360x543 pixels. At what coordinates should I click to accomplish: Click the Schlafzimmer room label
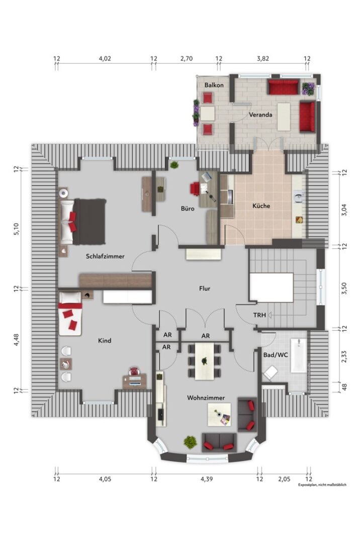105,256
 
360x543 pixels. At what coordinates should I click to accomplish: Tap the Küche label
261,206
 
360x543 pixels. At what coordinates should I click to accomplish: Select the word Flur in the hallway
205,288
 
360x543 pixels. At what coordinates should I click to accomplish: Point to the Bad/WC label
276,355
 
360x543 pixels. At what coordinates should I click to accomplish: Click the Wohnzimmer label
206,398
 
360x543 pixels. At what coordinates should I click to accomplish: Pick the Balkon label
214,85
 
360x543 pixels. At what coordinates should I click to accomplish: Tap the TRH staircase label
259,315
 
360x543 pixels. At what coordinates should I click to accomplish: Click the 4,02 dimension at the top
105,58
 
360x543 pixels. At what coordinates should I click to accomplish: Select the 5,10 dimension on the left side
16,229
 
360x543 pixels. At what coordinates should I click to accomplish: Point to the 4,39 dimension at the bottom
207,479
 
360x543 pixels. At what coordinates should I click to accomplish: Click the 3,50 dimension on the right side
344,289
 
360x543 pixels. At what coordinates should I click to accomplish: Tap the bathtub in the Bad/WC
298,355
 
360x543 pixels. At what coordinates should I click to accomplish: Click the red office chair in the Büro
195,189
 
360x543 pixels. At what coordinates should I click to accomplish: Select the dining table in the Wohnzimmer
205,361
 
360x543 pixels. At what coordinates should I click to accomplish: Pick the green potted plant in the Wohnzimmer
190,442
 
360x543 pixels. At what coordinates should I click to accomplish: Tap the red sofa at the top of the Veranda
283,87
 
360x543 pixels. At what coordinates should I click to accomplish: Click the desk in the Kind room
135,381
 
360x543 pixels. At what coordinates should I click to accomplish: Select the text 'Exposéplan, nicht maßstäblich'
322,485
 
